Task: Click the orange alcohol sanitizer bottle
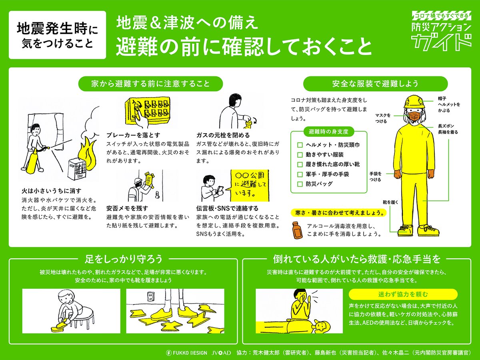(x=296, y=230)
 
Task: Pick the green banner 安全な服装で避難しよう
(x=375, y=84)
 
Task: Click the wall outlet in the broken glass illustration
(x=150, y=297)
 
